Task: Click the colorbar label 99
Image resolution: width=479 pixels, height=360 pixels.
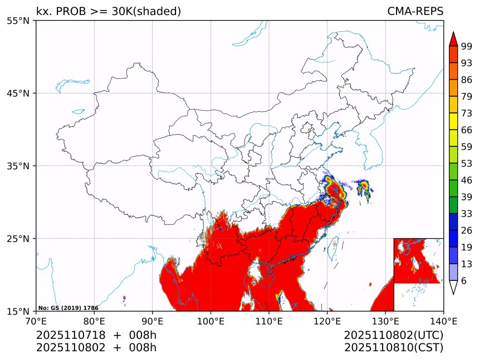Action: (467, 46)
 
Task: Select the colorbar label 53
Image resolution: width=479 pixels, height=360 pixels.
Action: (467, 164)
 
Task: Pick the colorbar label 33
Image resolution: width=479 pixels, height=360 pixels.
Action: (467, 214)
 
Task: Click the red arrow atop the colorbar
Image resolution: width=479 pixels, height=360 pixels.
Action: (453, 39)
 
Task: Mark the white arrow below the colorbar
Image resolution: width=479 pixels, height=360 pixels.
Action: (453, 287)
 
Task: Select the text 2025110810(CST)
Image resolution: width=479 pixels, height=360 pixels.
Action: (393, 348)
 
